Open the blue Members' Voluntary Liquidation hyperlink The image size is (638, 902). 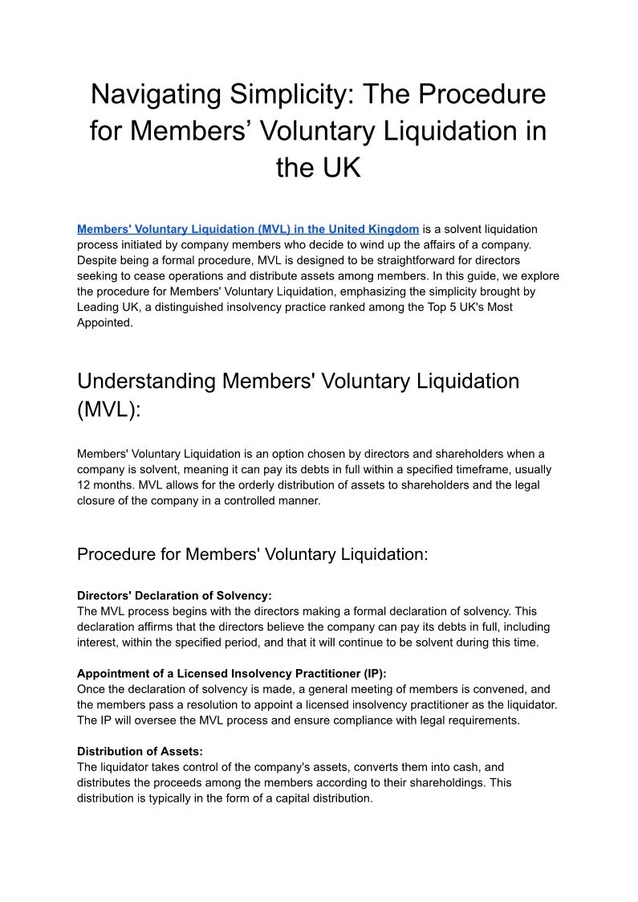pyautogui.click(x=248, y=230)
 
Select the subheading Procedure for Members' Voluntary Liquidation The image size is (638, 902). pyautogui.click(x=253, y=554)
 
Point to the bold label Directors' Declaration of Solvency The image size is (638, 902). pyautogui.click(x=174, y=596)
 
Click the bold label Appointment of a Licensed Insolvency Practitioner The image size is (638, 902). pyautogui.click(x=232, y=675)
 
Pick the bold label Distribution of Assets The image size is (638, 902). pyautogui.click(x=140, y=752)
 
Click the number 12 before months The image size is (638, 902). pyautogui.click(x=83, y=484)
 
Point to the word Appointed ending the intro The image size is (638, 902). pyautogui.click(x=103, y=322)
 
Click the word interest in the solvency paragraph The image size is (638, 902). pyautogui.click(x=96, y=642)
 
